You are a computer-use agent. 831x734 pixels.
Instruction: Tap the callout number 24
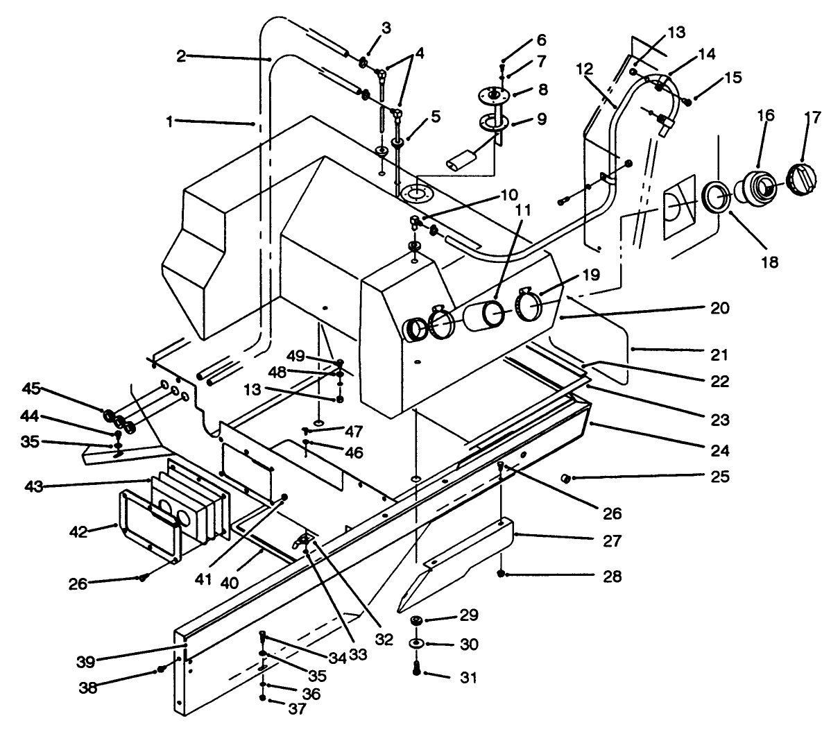719,450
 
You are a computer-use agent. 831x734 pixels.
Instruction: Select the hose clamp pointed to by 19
530,305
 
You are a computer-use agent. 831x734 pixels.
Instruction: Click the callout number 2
181,56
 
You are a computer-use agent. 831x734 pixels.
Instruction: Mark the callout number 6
540,40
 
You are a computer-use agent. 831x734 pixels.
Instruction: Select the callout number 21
719,355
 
